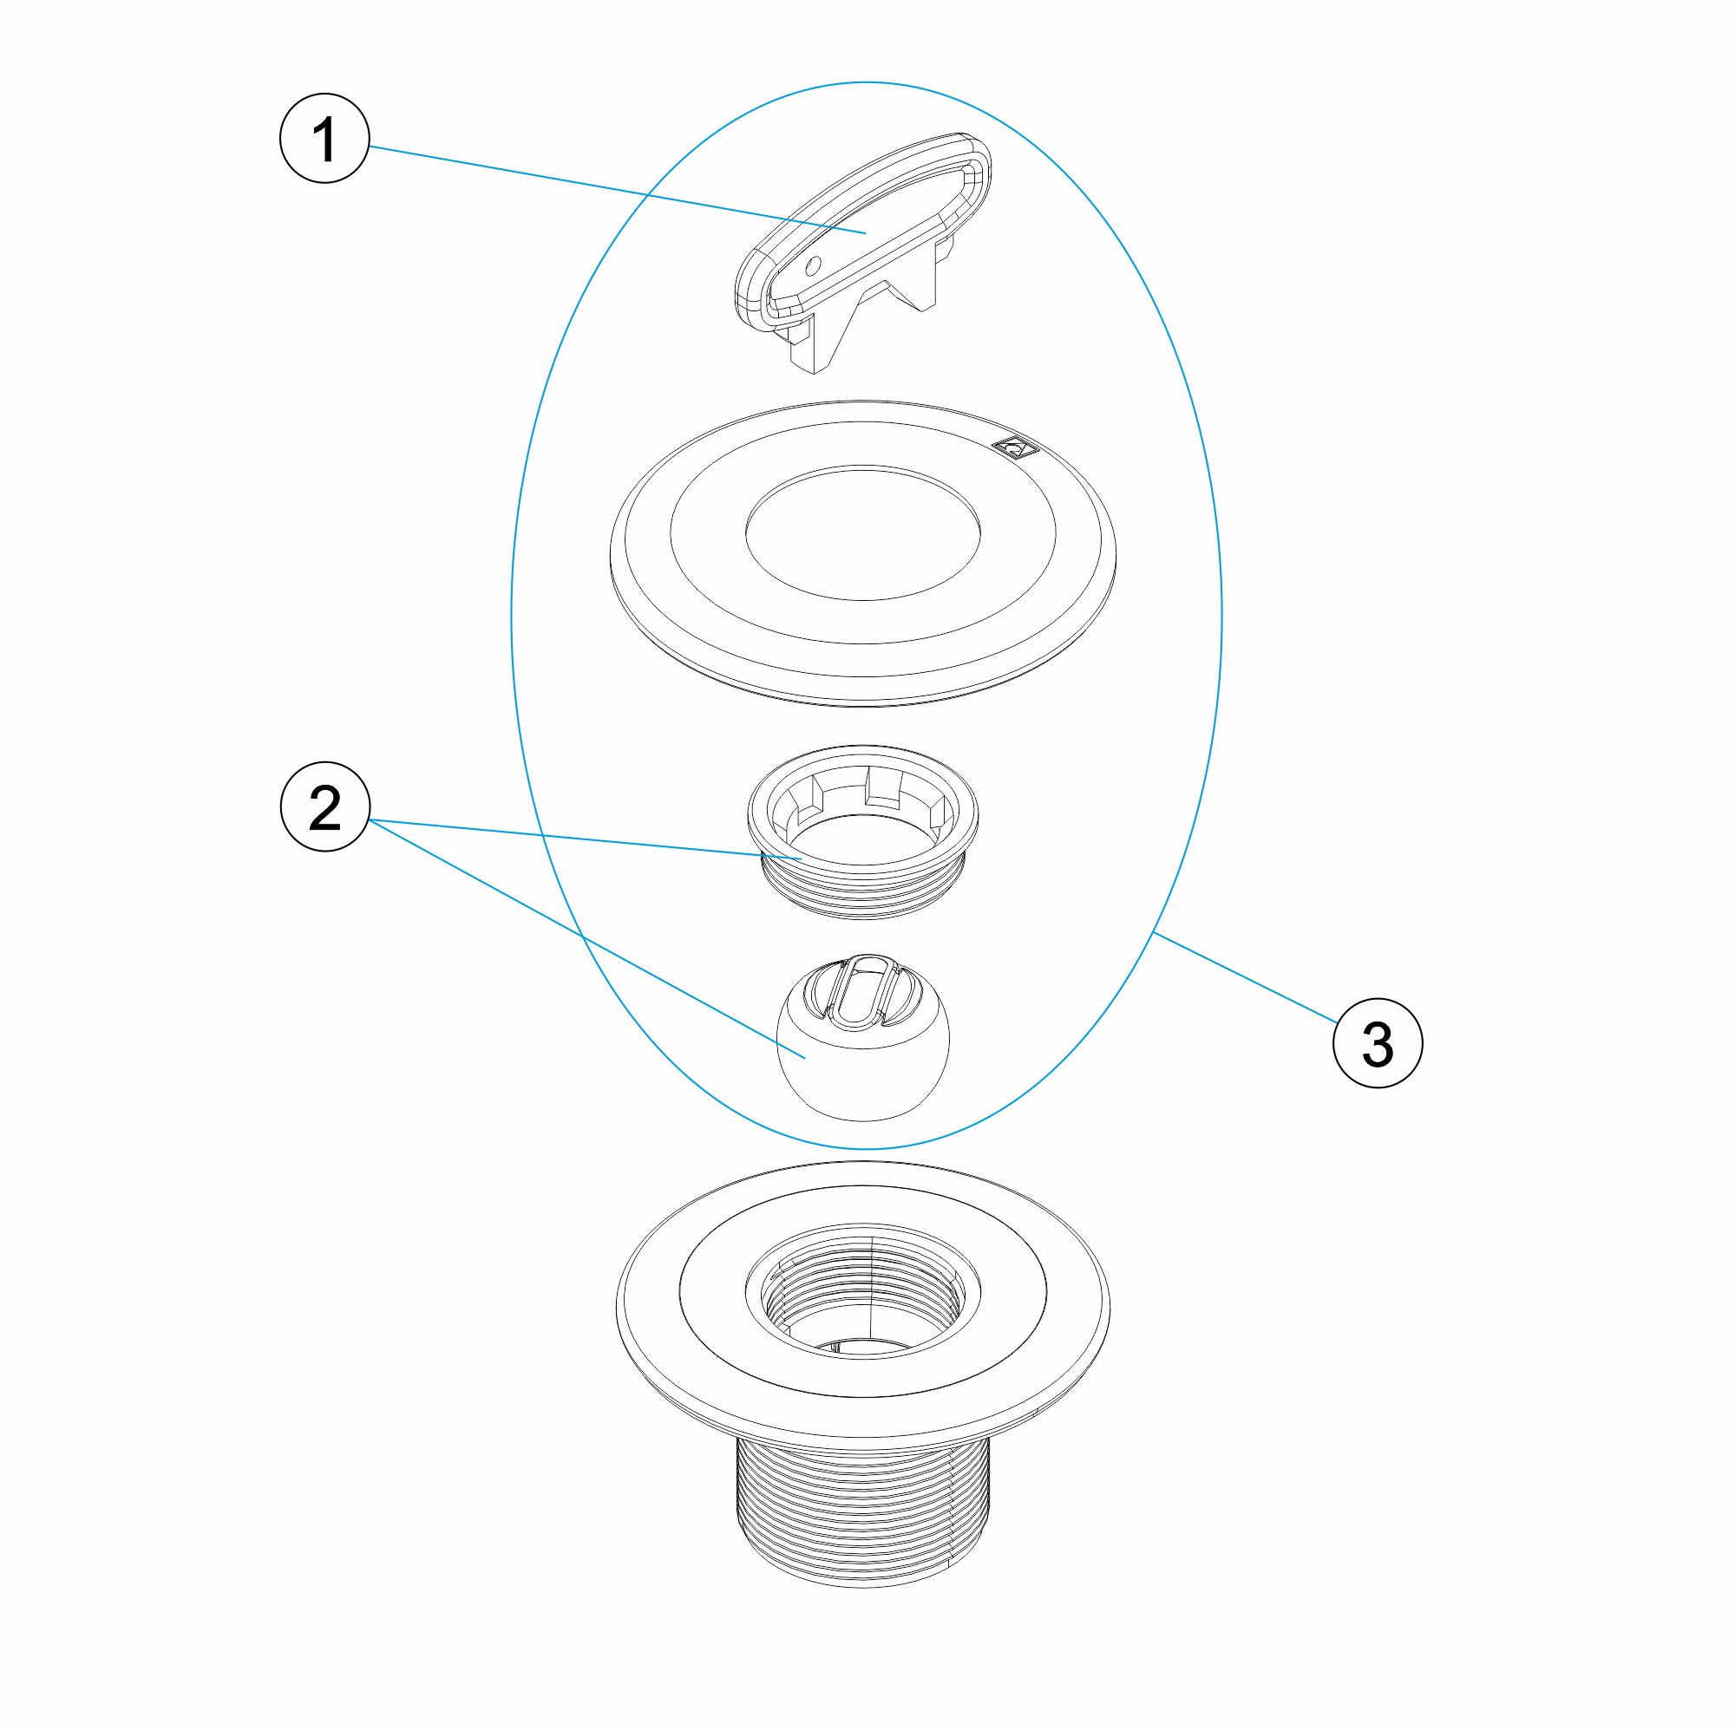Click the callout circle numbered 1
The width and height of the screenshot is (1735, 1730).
tap(325, 138)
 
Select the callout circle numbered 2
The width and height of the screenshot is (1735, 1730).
tap(325, 806)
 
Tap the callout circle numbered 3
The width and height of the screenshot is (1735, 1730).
tap(1378, 1043)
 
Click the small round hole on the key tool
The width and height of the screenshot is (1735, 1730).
tap(814, 264)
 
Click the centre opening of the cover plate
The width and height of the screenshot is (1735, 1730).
tap(862, 532)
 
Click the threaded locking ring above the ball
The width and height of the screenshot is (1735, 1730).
tap(862, 832)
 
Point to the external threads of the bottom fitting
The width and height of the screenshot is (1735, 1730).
tap(862, 1508)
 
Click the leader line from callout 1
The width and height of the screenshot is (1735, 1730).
tap(617, 188)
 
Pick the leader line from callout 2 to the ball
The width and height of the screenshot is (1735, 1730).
tap(586, 939)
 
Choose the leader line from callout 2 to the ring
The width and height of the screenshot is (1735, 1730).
tap(585, 839)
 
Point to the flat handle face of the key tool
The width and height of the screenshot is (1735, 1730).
tap(862, 233)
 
